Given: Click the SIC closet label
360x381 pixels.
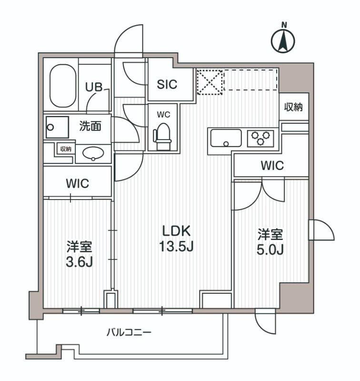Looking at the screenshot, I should pyautogui.click(x=167, y=84).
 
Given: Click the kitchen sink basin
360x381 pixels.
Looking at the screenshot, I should pyautogui.click(x=226, y=138).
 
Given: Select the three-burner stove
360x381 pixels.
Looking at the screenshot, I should pyautogui.click(x=260, y=138).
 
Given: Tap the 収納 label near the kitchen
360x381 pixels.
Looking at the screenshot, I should pyautogui.click(x=294, y=107).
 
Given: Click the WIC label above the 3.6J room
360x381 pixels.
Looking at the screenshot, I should pyautogui.click(x=77, y=183).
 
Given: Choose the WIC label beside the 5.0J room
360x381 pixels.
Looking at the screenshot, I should pyautogui.click(x=272, y=166).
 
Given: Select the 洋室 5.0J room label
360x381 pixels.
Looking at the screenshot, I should pyautogui.click(x=270, y=241).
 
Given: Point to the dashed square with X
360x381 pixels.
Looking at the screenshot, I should pyautogui.click(x=210, y=81).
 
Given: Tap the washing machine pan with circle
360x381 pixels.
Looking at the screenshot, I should pyautogui.click(x=51, y=128).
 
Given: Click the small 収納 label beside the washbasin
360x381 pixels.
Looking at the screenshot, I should pyautogui.click(x=65, y=149).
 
